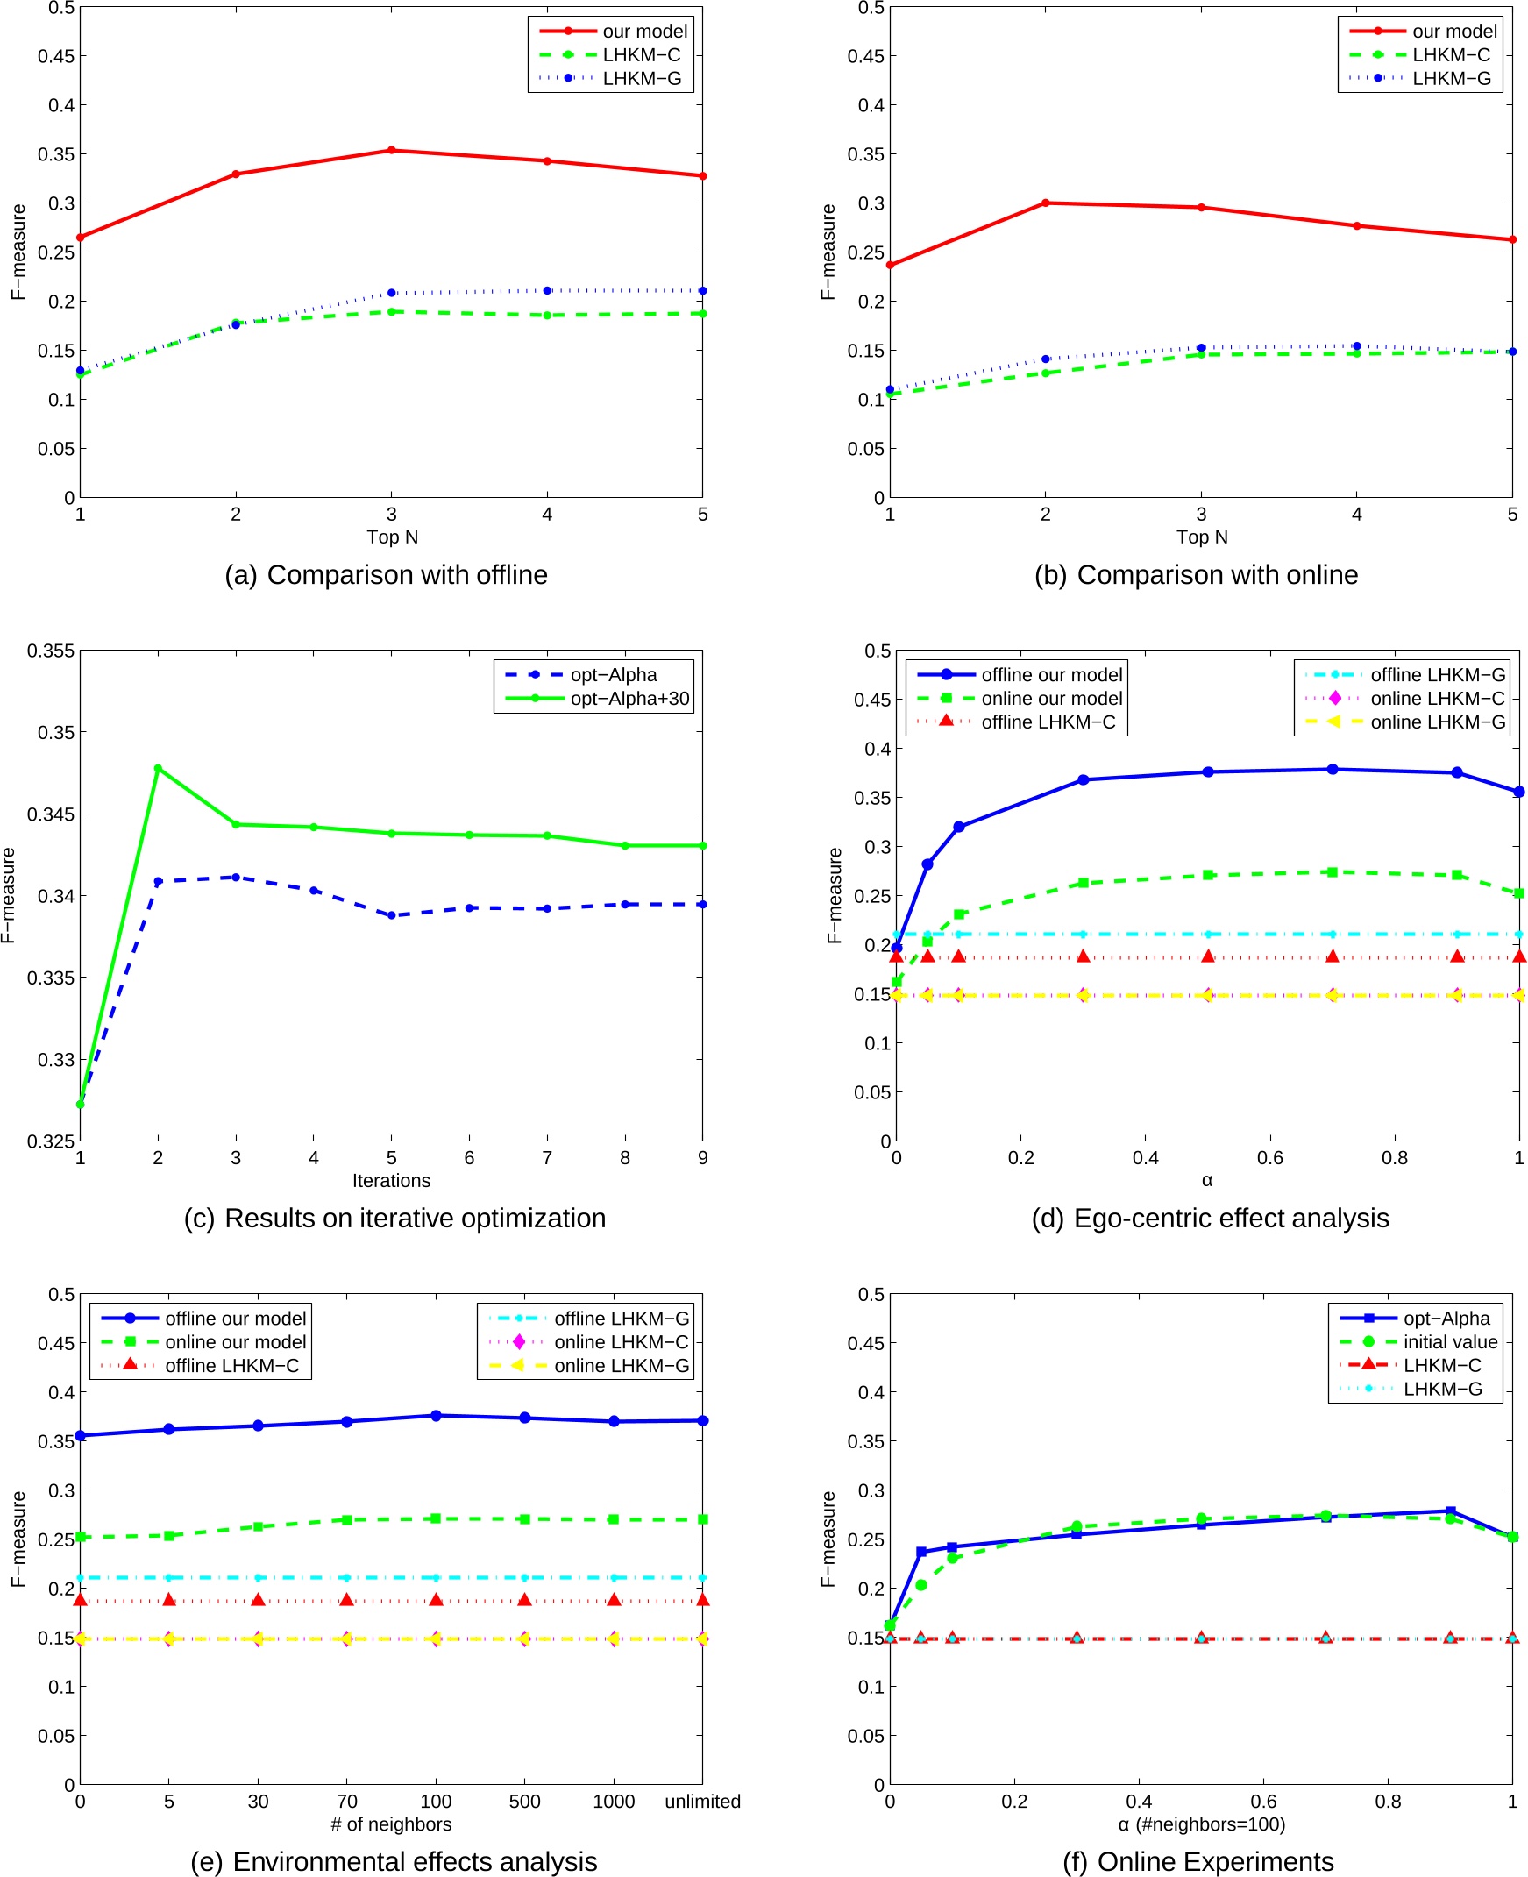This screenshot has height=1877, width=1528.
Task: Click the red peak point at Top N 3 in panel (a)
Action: pos(392,151)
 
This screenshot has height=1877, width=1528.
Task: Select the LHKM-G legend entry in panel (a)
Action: pos(642,78)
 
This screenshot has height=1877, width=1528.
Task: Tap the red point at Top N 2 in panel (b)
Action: pos(1046,203)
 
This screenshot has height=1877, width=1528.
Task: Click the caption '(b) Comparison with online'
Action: pos(1196,574)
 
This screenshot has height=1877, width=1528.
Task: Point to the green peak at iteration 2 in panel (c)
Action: pos(159,768)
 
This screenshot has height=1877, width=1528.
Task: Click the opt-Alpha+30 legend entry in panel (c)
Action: pos(629,698)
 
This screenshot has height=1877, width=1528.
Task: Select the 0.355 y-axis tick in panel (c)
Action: pos(50,651)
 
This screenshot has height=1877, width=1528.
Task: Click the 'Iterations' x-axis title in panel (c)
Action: pos(392,1180)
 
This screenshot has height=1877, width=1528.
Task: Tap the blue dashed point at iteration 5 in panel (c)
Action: pos(392,915)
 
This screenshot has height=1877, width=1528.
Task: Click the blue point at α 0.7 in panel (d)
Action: pos(1333,769)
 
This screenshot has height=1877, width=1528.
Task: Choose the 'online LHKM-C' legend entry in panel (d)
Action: pos(1438,698)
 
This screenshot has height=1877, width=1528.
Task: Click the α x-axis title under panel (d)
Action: pos(1207,1180)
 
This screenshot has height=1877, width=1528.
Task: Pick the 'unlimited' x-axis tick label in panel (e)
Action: pos(702,1802)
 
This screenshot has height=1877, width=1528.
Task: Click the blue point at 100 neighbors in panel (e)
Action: pos(436,1416)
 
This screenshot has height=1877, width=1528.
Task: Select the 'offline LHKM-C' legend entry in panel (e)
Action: pos(231,1365)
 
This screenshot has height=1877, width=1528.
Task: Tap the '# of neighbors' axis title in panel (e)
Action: pos(392,1824)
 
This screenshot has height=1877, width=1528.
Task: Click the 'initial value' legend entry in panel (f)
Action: pos(1450,1341)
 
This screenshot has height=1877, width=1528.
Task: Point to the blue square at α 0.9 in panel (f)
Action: pos(1451,1511)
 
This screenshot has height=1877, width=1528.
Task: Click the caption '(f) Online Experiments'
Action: pos(1198,1861)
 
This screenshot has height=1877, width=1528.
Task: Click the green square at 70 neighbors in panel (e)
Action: pos(347,1519)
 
